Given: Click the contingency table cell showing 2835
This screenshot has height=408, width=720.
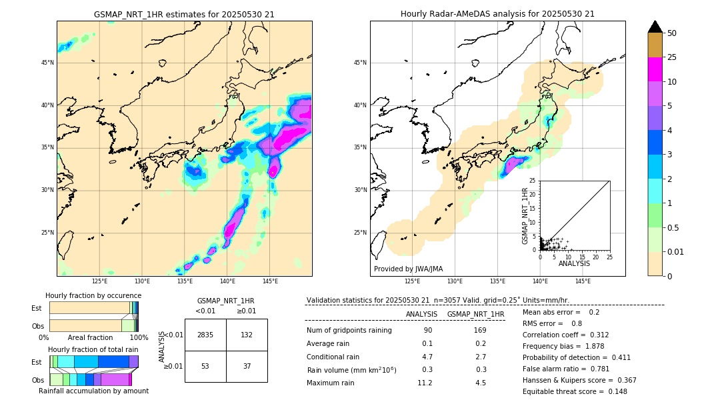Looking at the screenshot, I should [x=205, y=335].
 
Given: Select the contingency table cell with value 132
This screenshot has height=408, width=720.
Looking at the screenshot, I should [x=247, y=335].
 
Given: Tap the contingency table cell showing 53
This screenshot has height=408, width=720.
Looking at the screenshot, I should [x=205, y=366].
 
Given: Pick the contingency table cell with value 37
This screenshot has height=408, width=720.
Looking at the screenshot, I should [x=247, y=366].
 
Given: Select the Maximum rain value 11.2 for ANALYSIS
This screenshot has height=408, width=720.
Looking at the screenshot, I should [x=425, y=383].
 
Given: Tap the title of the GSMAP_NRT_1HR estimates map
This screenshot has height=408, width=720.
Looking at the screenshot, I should [x=184, y=14].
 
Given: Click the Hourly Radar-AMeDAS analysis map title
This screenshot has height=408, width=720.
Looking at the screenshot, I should [x=497, y=14].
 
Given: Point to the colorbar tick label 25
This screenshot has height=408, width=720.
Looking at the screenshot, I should [x=672, y=57].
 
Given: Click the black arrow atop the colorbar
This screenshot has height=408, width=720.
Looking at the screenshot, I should [x=655, y=27].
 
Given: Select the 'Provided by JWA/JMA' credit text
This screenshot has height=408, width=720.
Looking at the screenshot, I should [x=408, y=269].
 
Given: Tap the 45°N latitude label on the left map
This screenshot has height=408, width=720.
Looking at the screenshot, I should [x=47, y=63].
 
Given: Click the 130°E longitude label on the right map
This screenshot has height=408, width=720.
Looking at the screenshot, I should [x=455, y=281].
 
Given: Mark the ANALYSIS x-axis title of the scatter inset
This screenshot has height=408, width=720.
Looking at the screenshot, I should [x=574, y=263].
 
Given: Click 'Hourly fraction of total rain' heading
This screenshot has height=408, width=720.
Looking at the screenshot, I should [x=93, y=349].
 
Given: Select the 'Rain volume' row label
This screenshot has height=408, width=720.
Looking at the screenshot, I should [x=351, y=370].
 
